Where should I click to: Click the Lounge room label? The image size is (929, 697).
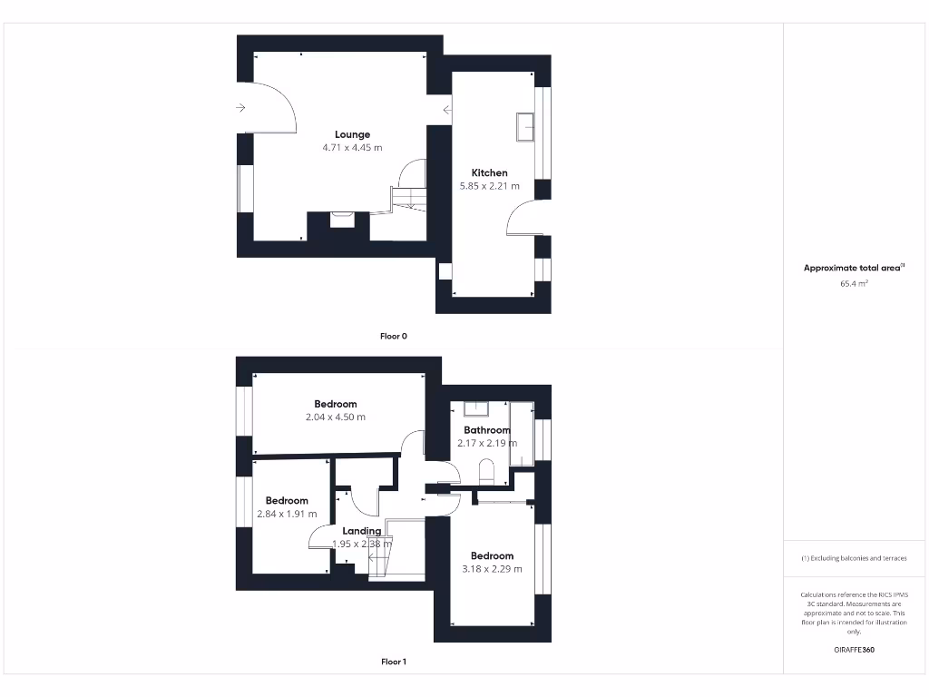point(352,134)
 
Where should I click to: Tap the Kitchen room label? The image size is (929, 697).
point(489,172)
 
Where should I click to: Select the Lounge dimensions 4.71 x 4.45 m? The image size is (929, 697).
point(352,148)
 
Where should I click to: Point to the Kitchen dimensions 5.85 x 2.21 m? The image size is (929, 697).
point(490,186)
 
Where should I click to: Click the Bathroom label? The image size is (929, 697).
point(487,430)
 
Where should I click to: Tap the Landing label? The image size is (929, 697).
point(361,531)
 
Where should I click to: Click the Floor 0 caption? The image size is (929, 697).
point(394,336)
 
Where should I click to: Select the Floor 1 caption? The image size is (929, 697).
point(394,662)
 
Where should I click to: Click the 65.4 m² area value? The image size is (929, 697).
point(854,284)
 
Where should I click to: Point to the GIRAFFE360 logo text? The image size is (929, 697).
point(854,650)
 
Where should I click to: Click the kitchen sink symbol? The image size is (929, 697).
point(524,126)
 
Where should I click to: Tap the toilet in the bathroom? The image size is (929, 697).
point(484,471)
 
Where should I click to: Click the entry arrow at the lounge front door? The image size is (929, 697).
point(240,108)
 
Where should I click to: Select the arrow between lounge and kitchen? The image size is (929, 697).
point(447,111)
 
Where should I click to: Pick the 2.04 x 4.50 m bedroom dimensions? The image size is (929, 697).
point(336,417)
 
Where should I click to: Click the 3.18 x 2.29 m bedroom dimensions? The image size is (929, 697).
point(492,569)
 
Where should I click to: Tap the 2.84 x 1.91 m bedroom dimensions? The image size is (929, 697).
point(287,514)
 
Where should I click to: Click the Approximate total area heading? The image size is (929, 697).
point(854,268)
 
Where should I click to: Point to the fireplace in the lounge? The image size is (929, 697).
point(342,218)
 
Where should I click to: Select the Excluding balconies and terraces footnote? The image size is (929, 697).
point(854,558)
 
